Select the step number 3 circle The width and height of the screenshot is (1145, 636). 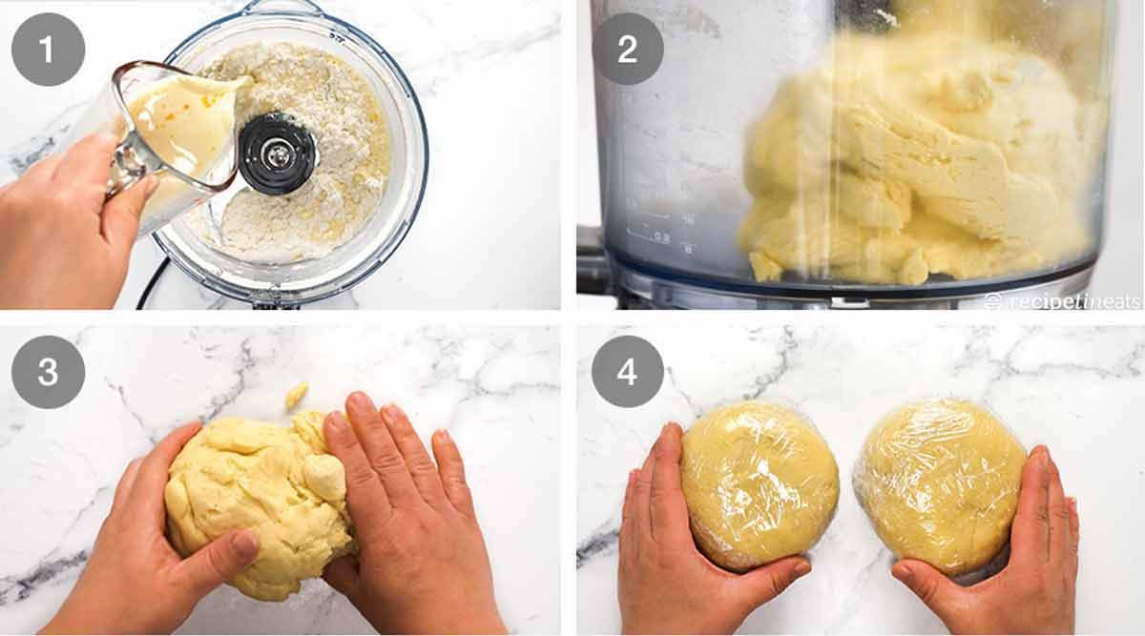48,372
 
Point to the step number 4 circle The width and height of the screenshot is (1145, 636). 627,372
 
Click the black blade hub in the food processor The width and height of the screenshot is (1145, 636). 277,153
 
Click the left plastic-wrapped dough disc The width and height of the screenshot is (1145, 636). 759,483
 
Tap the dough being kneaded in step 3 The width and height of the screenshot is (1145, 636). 253,496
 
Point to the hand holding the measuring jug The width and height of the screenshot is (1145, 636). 67,219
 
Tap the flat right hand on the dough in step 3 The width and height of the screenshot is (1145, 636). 401,496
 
